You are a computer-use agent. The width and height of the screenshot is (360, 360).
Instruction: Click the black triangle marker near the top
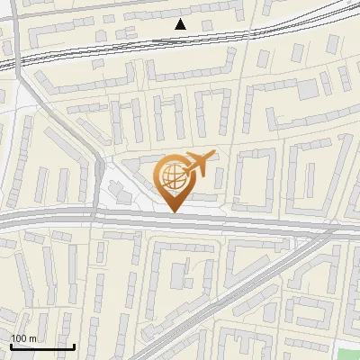click(181, 24)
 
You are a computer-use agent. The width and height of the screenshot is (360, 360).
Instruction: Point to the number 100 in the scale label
click(20, 337)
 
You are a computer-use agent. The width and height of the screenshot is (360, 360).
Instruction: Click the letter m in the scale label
click(33, 337)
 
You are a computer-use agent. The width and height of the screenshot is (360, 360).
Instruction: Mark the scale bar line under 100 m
click(41, 346)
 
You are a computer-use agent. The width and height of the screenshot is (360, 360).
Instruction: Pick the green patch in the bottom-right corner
click(349, 352)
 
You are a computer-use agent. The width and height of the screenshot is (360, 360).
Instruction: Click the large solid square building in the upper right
click(309, 89)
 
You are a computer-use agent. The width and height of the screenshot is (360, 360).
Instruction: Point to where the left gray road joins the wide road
click(94, 214)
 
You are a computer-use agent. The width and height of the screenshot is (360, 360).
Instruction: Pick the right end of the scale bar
click(73, 346)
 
